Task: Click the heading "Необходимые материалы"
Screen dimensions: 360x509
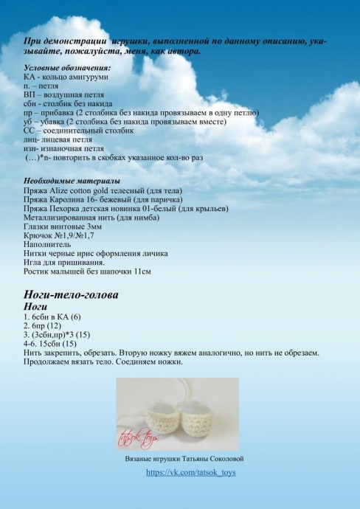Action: [x=62, y=181]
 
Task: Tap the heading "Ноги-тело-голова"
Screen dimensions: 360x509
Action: [x=71, y=294]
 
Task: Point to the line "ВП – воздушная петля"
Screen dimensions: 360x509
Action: [x=63, y=94]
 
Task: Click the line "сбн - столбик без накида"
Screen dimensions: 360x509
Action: [x=63, y=103]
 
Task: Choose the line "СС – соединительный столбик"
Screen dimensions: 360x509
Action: [x=79, y=130]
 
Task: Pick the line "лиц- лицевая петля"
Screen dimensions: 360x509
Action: [x=58, y=139]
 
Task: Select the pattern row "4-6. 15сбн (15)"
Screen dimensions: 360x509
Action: [x=50, y=343]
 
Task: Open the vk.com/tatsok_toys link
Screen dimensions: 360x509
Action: [x=190, y=471]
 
